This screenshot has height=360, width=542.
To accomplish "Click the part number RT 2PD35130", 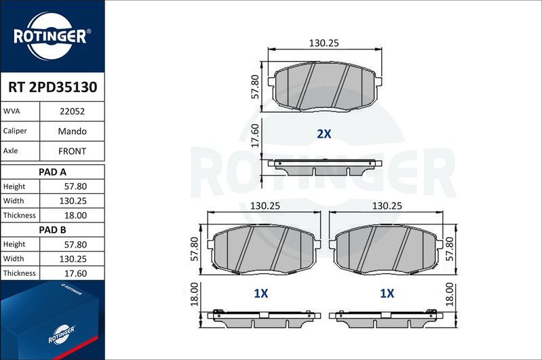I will coord(52,87).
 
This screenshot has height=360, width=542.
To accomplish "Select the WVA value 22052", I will coord(72,111).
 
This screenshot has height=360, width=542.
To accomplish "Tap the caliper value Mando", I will coord(72,131).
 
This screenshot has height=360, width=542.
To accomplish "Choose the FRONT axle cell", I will coord(72,151).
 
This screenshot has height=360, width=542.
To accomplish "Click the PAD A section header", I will coord(52,172).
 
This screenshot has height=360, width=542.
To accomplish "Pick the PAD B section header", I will coord(52,230).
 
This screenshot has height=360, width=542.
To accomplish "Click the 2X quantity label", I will coord(324,134).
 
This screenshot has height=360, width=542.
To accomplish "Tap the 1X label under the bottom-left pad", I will coord(261,294).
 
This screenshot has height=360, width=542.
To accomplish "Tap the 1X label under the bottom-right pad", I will coord(387,294).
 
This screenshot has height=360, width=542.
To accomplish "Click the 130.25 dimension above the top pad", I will coord(324,43).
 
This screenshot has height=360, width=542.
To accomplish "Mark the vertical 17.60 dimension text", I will coord(256,135).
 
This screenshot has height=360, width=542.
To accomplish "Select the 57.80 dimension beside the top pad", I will coord(256,87).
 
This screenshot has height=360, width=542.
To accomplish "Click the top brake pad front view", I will coord(324,87).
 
